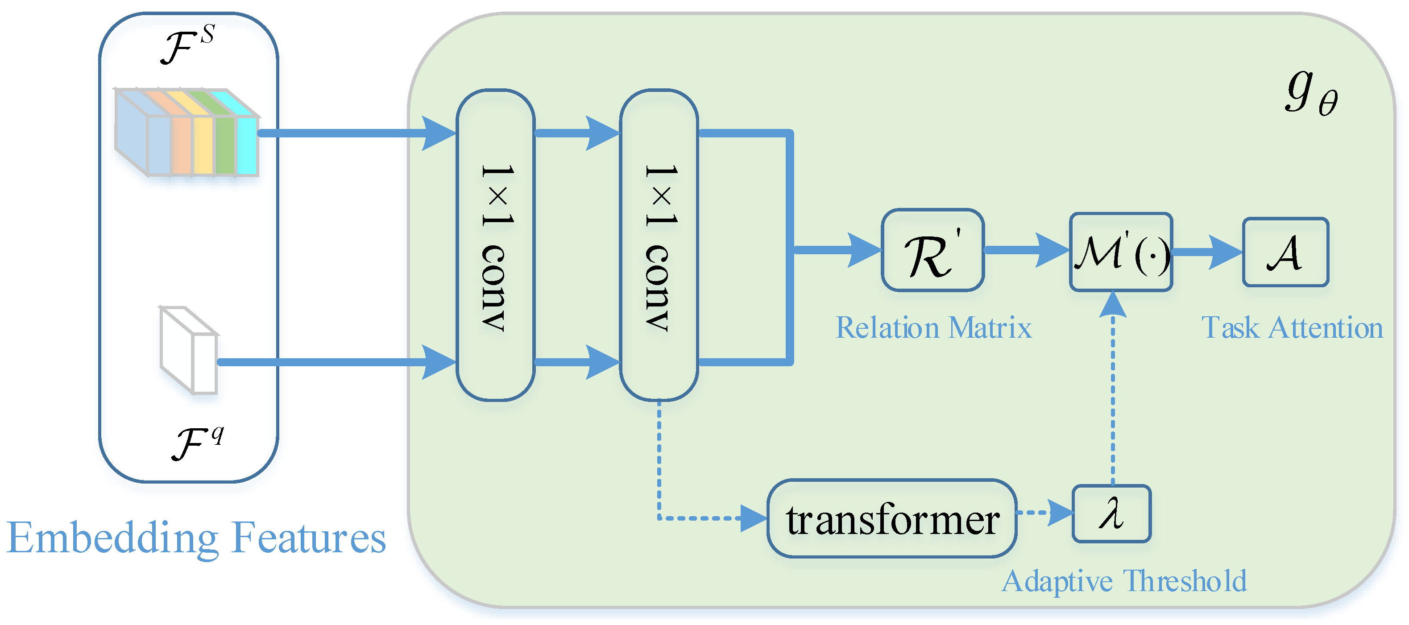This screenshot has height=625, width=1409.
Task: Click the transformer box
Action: tap(891, 518)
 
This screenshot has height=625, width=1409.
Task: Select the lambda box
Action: tap(1111, 513)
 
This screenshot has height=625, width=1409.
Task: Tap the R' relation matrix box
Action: tap(932, 250)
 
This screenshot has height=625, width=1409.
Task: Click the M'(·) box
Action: tap(1121, 252)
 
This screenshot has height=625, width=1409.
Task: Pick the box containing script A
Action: tap(1285, 252)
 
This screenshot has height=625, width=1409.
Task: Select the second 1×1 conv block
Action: tap(659, 245)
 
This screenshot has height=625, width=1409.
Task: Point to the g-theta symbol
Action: tap(1310, 94)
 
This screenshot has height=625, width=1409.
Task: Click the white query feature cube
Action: tap(189, 350)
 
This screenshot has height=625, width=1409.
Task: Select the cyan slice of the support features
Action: tap(247, 145)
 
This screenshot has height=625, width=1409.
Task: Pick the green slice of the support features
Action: tap(224, 145)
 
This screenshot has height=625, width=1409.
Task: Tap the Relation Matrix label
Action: tap(933, 328)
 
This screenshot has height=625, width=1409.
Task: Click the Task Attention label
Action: tap(1292, 328)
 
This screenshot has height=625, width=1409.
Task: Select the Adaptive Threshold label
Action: tap(1124, 581)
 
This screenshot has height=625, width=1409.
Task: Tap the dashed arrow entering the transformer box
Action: tap(711, 518)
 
